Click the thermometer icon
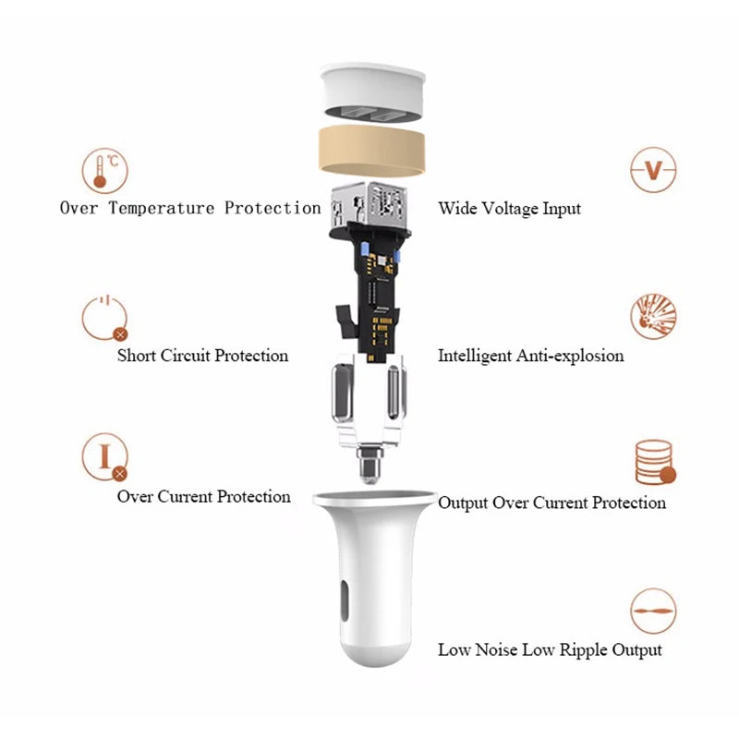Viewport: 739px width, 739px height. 104,172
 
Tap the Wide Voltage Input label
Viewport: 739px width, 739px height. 509,209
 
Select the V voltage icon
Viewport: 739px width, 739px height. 654,171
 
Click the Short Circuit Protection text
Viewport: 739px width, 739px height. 202,356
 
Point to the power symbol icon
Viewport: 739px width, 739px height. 103,318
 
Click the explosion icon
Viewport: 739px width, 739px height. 653,317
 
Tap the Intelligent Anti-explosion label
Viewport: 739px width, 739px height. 530,356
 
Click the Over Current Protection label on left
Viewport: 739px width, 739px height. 203,497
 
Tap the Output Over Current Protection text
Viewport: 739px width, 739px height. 551,503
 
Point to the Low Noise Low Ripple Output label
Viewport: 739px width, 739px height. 550,650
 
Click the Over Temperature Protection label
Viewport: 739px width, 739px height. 189,208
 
